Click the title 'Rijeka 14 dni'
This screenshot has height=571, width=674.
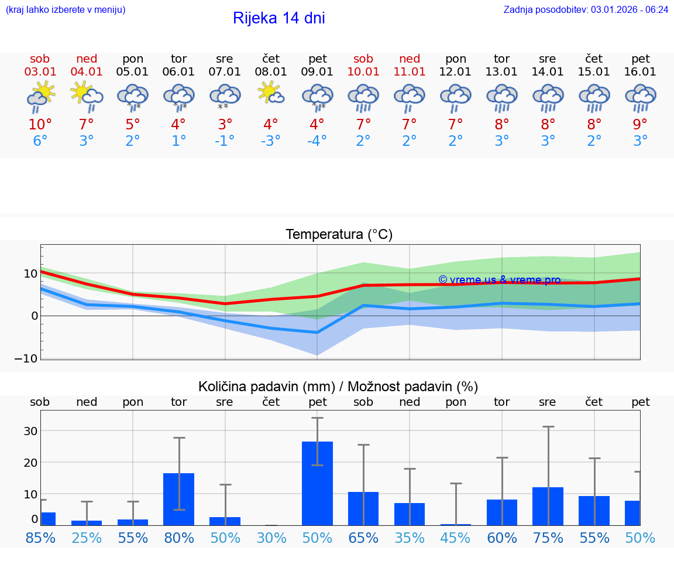coord(278,18)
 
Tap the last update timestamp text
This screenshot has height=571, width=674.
coord(586,9)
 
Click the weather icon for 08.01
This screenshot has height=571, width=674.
coord(271,94)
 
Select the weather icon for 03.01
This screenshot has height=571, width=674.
coord(40,96)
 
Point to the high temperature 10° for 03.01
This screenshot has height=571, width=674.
coord(40,125)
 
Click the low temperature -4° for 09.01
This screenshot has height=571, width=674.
coord(317,141)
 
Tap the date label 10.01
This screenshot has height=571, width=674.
coord(363,71)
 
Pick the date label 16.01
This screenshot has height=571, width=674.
coord(641,71)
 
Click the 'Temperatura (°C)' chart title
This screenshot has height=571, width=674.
coord(339,235)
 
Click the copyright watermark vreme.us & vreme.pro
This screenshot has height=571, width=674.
coord(499,280)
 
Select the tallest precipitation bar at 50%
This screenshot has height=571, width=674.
coord(317,483)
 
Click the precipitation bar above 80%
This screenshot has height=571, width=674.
coord(178,499)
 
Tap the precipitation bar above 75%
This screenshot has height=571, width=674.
coord(548,506)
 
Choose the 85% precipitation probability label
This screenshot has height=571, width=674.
coord(40,538)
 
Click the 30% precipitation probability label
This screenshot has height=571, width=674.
coord(271,538)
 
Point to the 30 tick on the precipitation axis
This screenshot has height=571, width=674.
coord(30,431)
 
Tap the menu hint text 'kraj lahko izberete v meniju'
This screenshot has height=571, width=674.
coord(66,9)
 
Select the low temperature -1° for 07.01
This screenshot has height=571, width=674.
coord(225,141)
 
